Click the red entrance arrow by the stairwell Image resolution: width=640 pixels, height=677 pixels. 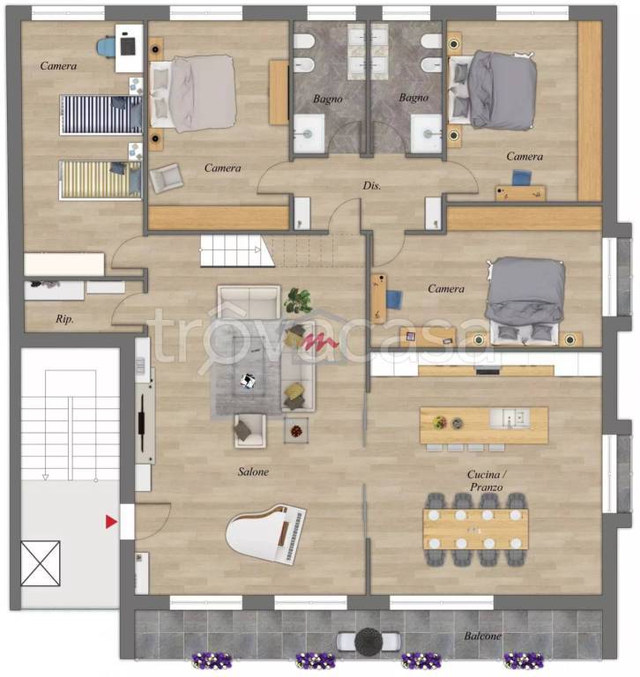[111, 522]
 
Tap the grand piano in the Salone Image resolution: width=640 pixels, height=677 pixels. [266, 533]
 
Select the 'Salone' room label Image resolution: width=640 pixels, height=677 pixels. [253, 472]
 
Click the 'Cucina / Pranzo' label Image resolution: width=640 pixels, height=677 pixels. [487, 480]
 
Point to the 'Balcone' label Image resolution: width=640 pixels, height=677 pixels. [482, 636]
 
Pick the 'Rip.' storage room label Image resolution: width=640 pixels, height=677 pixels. [64, 319]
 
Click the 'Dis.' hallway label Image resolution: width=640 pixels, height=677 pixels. [371, 186]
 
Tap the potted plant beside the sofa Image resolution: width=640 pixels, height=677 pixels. [298, 301]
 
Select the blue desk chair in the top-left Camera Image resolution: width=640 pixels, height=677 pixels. [106, 47]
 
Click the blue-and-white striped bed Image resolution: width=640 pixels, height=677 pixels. [101, 115]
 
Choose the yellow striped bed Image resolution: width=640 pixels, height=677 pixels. [100, 180]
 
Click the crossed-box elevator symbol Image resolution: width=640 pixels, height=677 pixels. [41, 563]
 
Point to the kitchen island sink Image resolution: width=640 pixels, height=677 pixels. [510, 418]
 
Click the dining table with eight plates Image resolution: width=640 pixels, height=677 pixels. [475, 529]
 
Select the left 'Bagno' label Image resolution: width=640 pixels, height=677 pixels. [328, 99]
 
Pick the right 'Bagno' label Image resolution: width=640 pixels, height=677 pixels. [413, 98]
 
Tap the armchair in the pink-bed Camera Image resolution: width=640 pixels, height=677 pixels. [166, 177]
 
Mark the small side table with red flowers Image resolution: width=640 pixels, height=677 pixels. [296, 430]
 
